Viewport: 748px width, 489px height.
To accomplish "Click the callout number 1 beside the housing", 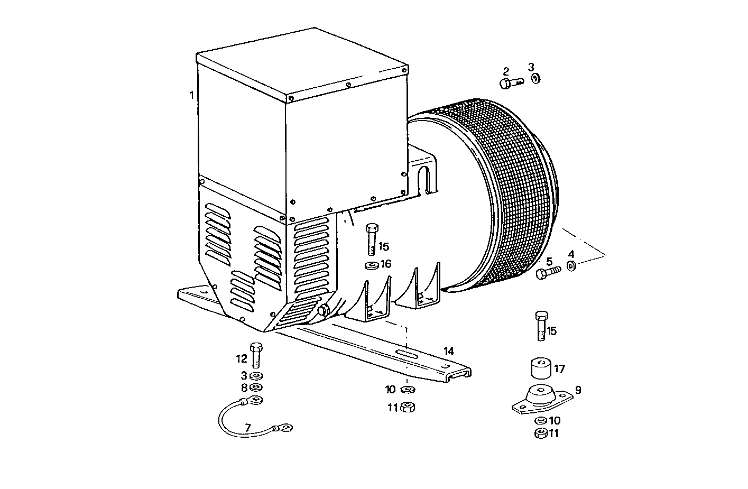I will click(x=191, y=95).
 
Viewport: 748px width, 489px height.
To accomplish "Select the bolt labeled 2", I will click(x=511, y=82).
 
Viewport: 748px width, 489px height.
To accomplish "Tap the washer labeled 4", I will click(x=571, y=265).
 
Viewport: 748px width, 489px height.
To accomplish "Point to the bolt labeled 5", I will click(x=548, y=273).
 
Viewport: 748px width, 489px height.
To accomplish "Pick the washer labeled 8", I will click(x=256, y=387).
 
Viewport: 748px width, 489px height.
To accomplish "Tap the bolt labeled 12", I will click(x=256, y=355).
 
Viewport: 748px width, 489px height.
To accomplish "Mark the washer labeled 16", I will click(x=372, y=264).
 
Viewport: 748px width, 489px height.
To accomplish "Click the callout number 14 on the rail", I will click(x=449, y=351).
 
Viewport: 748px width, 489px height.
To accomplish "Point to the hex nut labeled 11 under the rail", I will click(x=407, y=407).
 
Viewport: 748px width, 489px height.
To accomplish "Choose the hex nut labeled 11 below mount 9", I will click(x=540, y=433).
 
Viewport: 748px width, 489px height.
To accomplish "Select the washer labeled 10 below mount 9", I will click(x=540, y=421).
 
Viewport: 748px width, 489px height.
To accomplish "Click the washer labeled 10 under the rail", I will click(x=407, y=390).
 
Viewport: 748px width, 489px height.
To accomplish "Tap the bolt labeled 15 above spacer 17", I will click(x=540, y=326).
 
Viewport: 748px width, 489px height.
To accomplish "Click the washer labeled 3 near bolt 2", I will click(x=535, y=79).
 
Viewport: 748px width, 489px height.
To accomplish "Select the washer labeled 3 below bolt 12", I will click(x=256, y=376).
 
